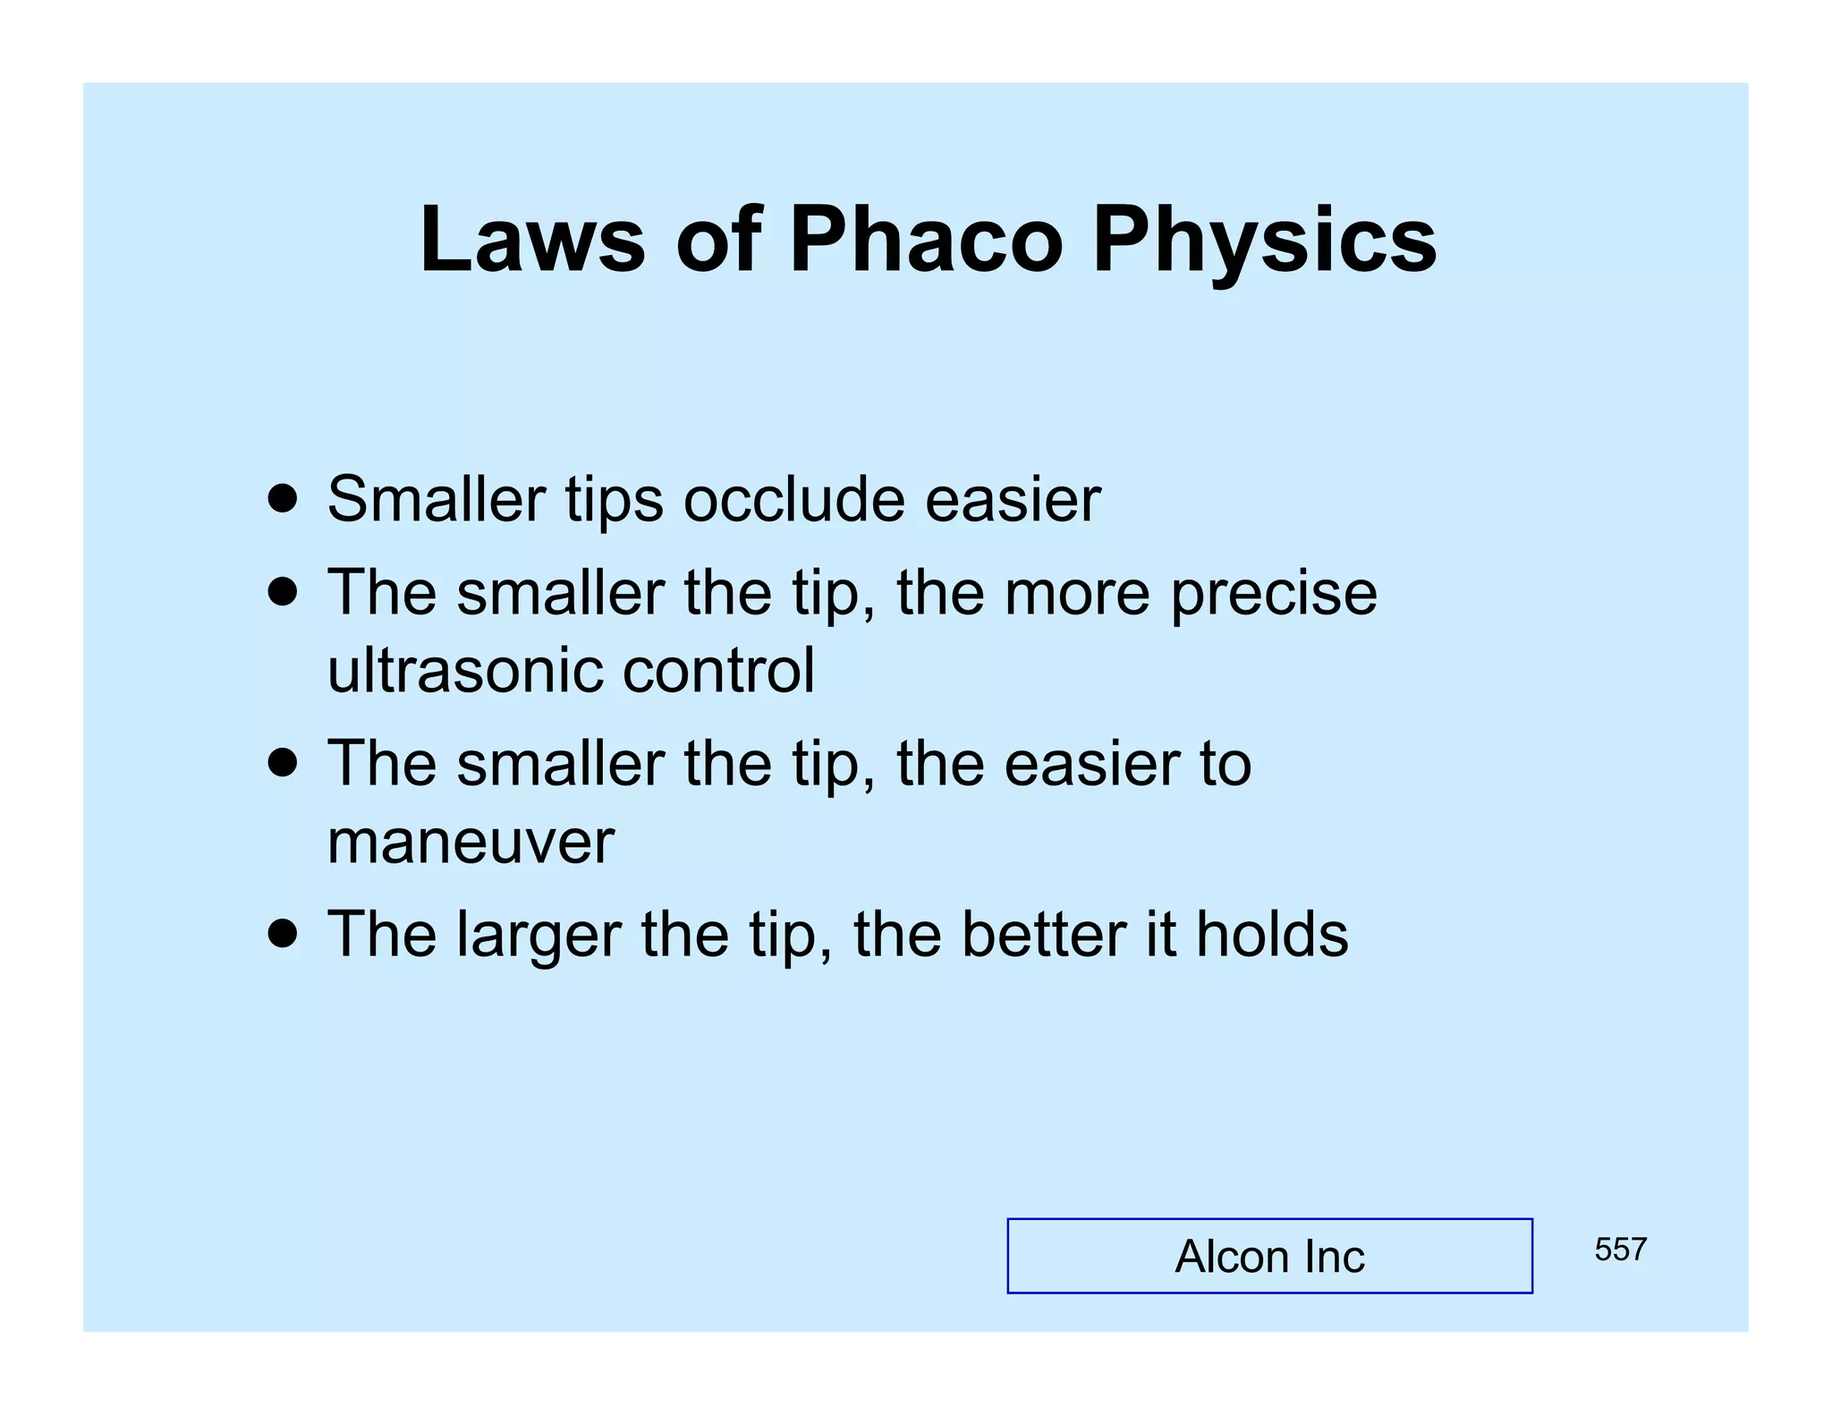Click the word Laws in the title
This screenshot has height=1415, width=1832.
coord(532,240)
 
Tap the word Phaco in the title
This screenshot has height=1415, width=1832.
coord(925,240)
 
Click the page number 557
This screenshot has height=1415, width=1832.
coord(1620,1250)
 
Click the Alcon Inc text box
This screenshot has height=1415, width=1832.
coord(1268,1256)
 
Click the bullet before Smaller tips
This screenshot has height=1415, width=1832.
coord(283,499)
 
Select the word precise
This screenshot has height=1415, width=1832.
coord(1274,595)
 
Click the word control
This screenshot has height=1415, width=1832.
coord(718,670)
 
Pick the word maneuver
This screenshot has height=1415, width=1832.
coord(471,843)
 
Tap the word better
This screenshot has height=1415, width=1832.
coord(1043,934)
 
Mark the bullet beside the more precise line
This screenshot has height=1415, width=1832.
coord(283,592)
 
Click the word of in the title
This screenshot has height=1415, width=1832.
coord(717,240)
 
